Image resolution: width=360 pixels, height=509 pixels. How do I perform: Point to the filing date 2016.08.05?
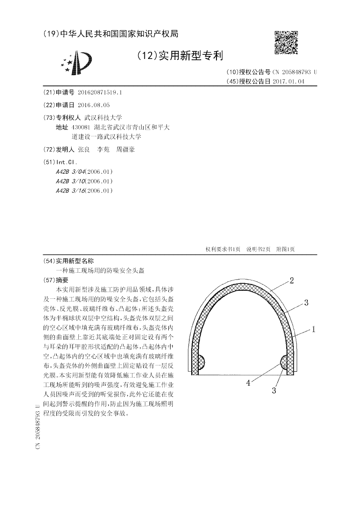[93, 105]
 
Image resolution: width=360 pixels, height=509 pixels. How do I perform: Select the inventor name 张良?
[84, 149]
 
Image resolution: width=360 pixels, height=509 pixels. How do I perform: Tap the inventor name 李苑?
[104, 149]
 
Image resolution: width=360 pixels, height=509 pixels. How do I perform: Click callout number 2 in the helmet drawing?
[292, 281]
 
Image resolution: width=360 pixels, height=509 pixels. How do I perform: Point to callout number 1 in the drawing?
[314, 329]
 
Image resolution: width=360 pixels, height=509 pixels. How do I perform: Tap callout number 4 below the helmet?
[248, 383]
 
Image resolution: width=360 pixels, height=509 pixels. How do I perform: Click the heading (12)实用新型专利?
[179, 56]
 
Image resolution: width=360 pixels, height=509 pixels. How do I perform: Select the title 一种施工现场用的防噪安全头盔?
[100, 270]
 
